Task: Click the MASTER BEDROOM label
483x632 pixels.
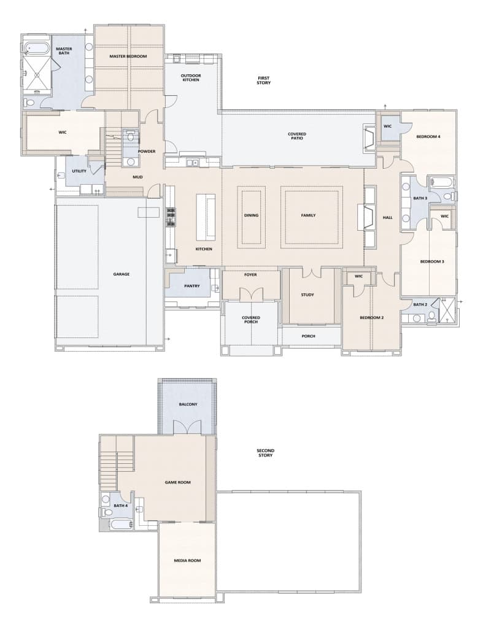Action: pos(128,56)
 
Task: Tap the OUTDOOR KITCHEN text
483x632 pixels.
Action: pos(191,78)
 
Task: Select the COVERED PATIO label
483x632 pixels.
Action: pos(296,136)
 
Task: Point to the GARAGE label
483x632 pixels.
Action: pos(122,274)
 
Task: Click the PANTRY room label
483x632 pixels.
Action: pos(192,286)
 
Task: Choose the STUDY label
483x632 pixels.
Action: pos(307,295)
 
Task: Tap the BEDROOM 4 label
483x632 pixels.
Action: pos(428,137)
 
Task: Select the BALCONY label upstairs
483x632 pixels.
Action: pos(188,404)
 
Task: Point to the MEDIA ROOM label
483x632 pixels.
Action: pos(187,561)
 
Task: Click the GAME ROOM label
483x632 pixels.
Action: pos(177,482)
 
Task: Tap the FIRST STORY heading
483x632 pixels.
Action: pos(264,80)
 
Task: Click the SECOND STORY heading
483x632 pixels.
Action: pos(265,453)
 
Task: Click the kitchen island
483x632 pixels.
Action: pos(206,217)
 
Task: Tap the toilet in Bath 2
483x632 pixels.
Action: pos(432,317)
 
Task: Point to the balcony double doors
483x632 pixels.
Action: pos(187,427)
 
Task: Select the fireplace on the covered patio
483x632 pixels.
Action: pos(369,138)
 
